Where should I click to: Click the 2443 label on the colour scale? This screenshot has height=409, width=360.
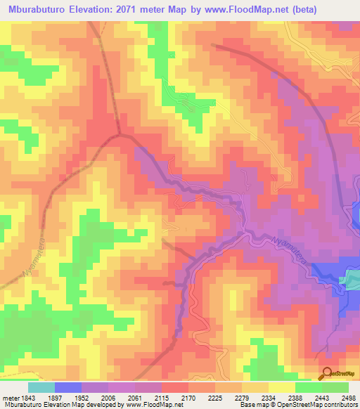[321, 398]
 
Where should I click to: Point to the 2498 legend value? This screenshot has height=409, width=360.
[347, 398]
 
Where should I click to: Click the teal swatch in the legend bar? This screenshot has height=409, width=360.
[41, 387]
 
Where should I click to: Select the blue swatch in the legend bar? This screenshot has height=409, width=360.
[67, 387]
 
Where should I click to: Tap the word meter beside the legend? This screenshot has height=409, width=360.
[11, 398]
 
